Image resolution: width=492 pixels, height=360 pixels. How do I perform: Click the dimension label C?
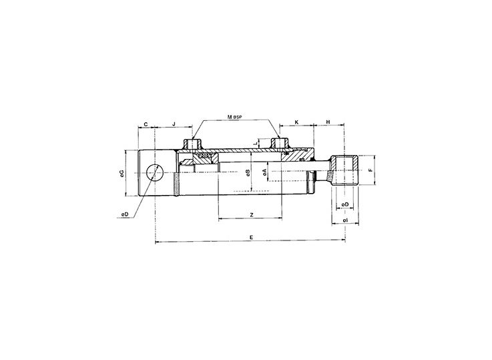point(146,124)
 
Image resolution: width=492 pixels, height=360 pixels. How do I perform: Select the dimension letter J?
point(174,124)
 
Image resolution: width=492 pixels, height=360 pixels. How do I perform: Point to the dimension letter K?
point(296,124)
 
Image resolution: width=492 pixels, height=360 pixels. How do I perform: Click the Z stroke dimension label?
point(250,214)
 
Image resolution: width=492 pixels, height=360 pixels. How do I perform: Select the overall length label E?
point(250,238)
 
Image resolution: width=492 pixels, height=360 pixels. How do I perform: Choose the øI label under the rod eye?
point(344,220)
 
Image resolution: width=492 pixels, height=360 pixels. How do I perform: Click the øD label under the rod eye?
point(344,204)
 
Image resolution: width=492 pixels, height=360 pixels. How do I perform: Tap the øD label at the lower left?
point(124,214)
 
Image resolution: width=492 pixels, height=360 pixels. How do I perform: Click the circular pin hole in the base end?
point(155,173)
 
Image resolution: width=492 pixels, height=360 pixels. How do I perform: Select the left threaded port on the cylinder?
point(193,144)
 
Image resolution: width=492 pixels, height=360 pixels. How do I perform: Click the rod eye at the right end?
point(345,172)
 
